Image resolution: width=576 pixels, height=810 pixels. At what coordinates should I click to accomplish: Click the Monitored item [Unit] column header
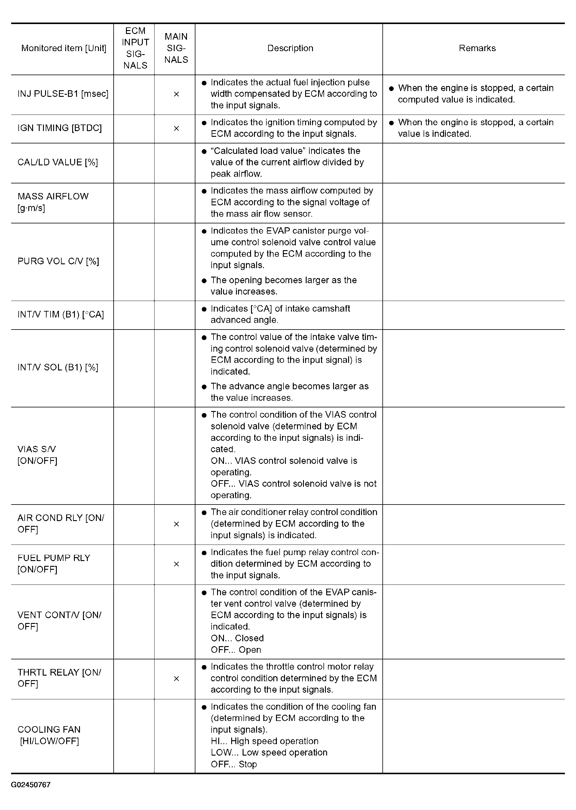tap(63, 48)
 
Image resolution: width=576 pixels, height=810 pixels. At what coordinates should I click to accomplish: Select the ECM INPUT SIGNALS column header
tap(135, 48)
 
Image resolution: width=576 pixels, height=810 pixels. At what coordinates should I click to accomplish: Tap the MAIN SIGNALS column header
tap(176, 48)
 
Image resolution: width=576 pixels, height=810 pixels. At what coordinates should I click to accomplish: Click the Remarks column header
tap(477, 48)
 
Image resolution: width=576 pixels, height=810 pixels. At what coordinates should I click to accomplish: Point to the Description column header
tap(290, 48)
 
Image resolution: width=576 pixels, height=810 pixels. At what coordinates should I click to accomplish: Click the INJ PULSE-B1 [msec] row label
tap(63, 94)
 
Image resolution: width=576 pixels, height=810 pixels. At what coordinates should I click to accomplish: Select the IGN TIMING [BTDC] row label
tap(60, 128)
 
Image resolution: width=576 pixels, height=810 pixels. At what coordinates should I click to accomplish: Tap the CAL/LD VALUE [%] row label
tap(57, 162)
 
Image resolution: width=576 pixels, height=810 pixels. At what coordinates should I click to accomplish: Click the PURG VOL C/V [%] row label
tap(58, 261)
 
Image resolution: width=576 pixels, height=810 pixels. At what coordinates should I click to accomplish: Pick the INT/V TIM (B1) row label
tap(61, 314)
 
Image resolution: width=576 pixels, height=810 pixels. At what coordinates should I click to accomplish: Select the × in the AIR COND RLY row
tap(176, 524)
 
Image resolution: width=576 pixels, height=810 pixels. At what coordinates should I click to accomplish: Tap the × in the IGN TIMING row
tap(176, 128)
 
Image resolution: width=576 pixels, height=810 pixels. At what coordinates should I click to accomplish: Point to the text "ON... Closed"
tap(237, 638)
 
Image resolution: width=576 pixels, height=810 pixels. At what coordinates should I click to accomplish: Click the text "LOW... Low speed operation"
tap(269, 752)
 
